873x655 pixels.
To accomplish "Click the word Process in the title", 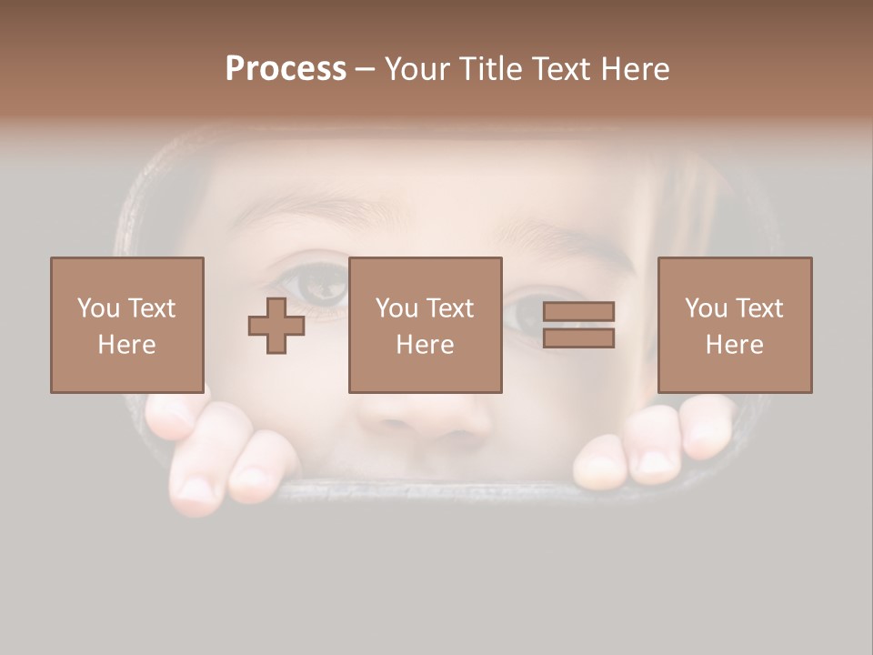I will [x=286, y=69].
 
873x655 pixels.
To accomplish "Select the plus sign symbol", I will [x=276, y=326].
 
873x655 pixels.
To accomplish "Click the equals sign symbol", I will [x=578, y=325].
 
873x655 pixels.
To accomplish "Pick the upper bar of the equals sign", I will [x=578, y=311].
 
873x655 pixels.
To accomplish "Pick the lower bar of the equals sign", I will [x=578, y=338].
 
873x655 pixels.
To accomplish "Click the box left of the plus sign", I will [x=127, y=325].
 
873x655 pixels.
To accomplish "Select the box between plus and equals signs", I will [x=426, y=325].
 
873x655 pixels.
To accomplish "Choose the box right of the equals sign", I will [x=735, y=325].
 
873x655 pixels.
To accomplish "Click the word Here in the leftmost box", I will [x=127, y=345].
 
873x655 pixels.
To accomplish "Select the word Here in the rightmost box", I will [x=735, y=345].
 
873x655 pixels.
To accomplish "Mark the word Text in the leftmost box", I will [x=152, y=308].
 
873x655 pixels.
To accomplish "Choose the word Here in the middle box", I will [x=426, y=345].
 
